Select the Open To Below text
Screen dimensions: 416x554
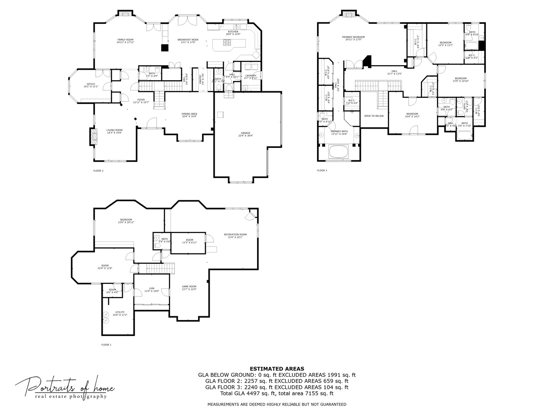point(374,116)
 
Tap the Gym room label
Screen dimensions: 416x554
point(151,290)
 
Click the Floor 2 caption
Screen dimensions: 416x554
point(98,171)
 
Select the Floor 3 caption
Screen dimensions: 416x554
point(322,170)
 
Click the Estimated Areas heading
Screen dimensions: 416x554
point(277,369)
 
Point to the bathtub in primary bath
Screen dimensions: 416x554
point(338,151)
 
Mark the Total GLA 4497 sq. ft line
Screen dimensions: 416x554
point(277,394)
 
